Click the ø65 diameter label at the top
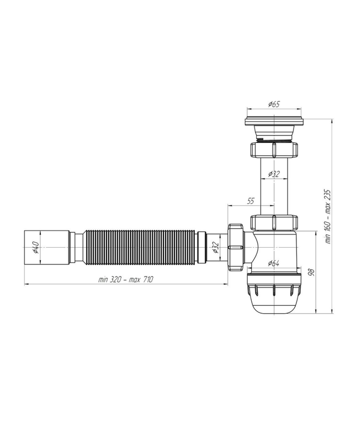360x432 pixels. coord(274,104)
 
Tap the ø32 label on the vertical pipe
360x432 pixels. coord(274,174)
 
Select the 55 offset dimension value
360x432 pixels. coord(251,201)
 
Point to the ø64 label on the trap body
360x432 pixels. coord(273,263)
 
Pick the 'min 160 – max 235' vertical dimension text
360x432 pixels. coord(328,216)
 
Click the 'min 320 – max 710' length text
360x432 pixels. coord(126,280)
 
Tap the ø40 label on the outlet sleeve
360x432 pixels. coord(36,247)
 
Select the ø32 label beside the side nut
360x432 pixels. coord(215,247)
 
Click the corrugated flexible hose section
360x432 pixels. coord(140,247)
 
